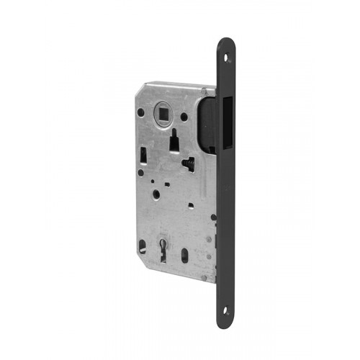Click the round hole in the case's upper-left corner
pos(140,112)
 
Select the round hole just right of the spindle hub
pos(184,116)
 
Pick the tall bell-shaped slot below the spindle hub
pos(174,143)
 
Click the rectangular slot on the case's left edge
pos(144,153)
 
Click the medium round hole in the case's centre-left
pos(156,194)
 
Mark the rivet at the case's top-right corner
pos(204,91)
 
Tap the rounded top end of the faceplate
pos(226,42)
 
